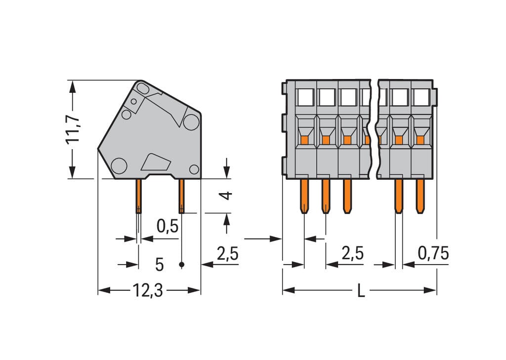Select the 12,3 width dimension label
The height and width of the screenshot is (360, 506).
pyautogui.click(x=147, y=291)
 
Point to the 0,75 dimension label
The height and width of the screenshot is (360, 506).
pyautogui.click(x=433, y=253)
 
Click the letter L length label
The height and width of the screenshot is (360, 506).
pyautogui.click(x=361, y=291)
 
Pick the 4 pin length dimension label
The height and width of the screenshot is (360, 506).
pyautogui.click(x=226, y=195)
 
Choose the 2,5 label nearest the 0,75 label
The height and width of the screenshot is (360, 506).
pyautogui.click(x=353, y=253)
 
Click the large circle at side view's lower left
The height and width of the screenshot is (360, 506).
pyautogui.click(x=119, y=165)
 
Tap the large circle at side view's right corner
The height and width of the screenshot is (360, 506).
pyautogui.click(x=191, y=121)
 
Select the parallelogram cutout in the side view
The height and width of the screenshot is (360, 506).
pyautogui.click(x=155, y=161)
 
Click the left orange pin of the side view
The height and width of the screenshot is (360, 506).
pyautogui.click(x=138, y=196)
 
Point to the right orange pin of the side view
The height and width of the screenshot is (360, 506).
pyautogui.click(x=181, y=196)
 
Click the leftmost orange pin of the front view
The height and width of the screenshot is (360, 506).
pyautogui.click(x=304, y=196)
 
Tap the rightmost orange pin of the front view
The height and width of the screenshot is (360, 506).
pyautogui.click(x=420, y=196)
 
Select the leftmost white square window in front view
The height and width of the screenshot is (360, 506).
pyautogui.click(x=305, y=97)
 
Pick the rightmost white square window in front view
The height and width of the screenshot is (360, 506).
pyautogui.click(x=421, y=97)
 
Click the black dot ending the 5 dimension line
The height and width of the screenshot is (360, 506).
pyautogui.click(x=181, y=265)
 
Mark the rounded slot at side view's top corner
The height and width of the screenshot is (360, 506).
pyautogui.click(x=143, y=89)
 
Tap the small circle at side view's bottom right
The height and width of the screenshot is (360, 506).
pyautogui.click(x=194, y=169)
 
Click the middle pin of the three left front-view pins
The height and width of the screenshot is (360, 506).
pyautogui.click(x=325, y=196)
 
